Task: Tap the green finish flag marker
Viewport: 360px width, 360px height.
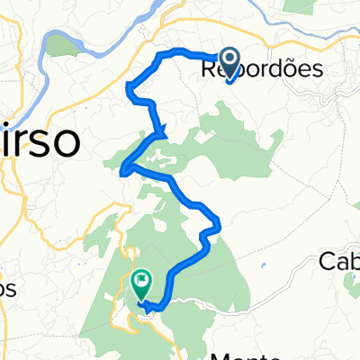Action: coord(142,285)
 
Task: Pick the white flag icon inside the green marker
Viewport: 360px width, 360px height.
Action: coord(142,282)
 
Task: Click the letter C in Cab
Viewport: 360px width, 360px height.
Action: coord(327,262)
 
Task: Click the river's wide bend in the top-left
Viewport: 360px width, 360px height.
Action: coord(58,40)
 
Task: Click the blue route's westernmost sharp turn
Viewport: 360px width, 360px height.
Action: coord(123,168)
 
